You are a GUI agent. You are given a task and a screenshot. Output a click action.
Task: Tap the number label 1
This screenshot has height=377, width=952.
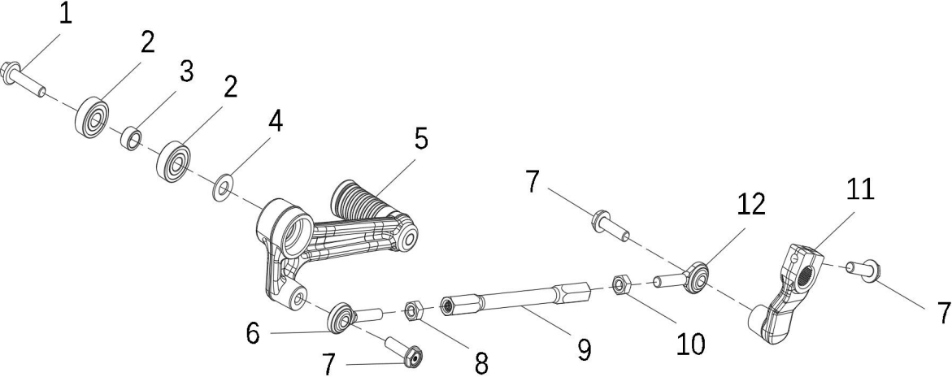[x=65, y=13]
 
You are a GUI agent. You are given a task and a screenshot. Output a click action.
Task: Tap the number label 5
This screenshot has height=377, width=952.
[x=421, y=138]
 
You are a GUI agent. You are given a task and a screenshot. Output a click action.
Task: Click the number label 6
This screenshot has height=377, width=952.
[x=254, y=333]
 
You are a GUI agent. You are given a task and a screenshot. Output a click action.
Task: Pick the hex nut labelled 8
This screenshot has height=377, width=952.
[x=414, y=312]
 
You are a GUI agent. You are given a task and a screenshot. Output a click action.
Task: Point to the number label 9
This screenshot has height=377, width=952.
[x=584, y=349]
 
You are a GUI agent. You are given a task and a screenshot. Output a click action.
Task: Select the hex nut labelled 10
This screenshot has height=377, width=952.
[x=620, y=284]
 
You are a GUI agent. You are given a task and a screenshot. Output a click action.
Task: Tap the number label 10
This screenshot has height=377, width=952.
[x=690, y=344]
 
